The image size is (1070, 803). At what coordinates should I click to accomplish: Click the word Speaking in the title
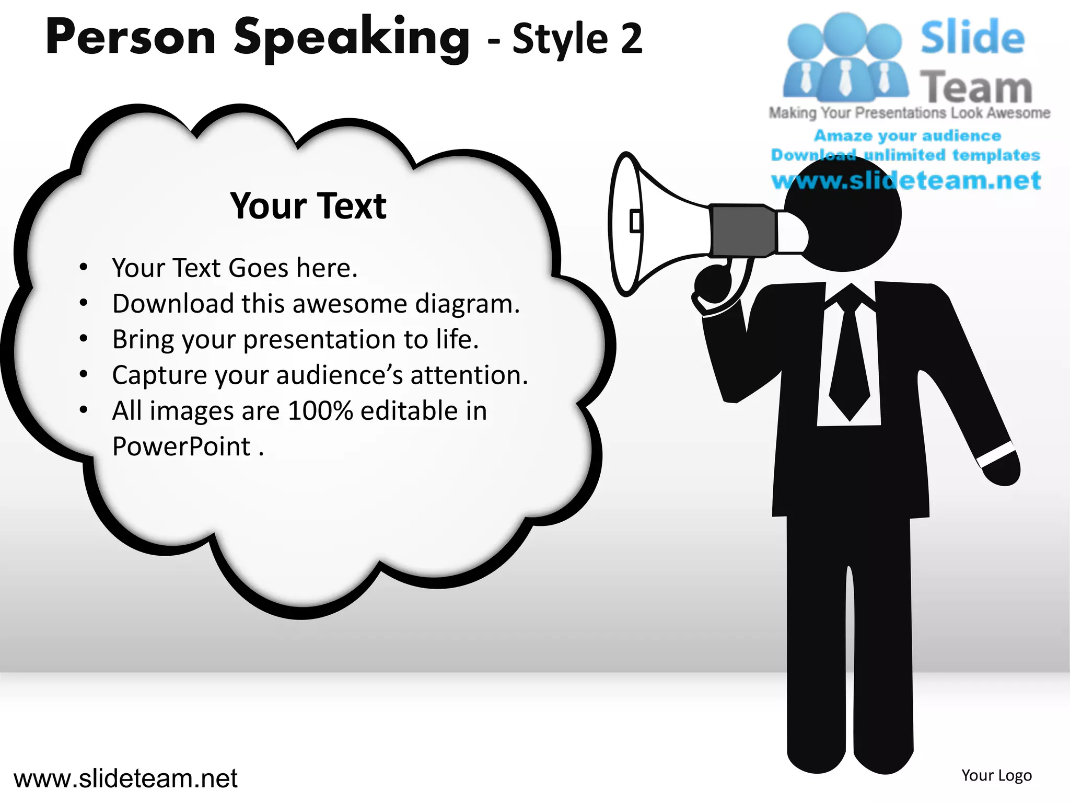(351, 38)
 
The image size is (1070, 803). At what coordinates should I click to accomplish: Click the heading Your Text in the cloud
(308, 206)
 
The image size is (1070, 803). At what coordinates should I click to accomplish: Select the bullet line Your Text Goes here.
(235, 268)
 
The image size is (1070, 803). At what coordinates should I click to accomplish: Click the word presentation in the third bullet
(320, 339)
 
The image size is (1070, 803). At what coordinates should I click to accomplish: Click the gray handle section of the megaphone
(742, 231)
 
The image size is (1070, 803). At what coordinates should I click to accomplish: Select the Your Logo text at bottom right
(996, 775)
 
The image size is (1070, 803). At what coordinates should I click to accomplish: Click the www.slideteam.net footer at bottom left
(125, 778)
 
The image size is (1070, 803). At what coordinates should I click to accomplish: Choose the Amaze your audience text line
(908, 135)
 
